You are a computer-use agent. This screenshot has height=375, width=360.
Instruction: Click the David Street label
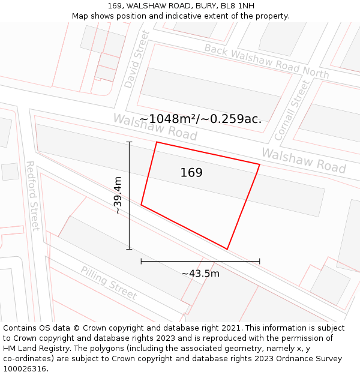(136, 59)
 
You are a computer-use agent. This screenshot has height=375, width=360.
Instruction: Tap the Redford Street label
(32, 196)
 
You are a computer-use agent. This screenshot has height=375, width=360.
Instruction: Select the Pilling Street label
(109, 284)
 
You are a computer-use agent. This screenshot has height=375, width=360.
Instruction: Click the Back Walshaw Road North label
(266, 61)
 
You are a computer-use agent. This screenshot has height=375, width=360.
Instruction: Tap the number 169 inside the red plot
(191, 173)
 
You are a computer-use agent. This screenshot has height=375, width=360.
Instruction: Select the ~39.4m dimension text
(118, 196)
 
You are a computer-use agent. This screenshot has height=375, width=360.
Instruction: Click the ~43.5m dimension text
(200, 274)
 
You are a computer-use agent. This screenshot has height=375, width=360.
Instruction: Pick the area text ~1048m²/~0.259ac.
(200, 119)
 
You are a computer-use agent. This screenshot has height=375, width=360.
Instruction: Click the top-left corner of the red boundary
(157, 142)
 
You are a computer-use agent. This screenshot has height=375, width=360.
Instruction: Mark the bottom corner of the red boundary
(227, 249)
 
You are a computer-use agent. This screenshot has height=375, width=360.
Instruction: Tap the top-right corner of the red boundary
(260, 164)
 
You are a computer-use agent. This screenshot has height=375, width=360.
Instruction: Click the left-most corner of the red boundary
(141, 205)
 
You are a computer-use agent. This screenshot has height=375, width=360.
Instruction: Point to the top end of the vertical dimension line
(129, 142)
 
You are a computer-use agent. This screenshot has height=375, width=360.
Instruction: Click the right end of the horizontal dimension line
(260, 262)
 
